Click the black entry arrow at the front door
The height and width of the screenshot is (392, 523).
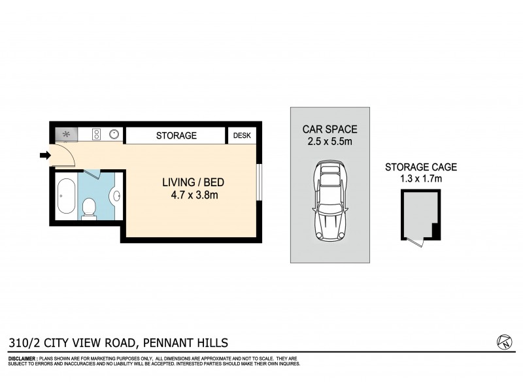click(44, 155)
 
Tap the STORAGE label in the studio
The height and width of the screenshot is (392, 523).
click(176, 136)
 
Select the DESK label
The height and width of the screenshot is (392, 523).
click(242, 136)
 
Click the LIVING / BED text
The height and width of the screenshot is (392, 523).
click(193, 182)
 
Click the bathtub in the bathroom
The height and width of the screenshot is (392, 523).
click(65, 196)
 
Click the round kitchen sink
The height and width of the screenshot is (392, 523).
click(114, 135)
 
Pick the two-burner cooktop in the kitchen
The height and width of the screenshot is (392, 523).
click(96, 135)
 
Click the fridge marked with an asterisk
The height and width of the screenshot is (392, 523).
click(66, 135)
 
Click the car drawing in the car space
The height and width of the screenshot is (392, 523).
click(329, 201)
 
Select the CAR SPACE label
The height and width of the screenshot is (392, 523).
click(329, 129)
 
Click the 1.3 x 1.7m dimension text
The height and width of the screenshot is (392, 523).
click(420, 179)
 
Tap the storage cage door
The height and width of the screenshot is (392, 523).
click(415, 242)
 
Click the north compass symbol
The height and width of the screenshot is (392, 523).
click(503, 342)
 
